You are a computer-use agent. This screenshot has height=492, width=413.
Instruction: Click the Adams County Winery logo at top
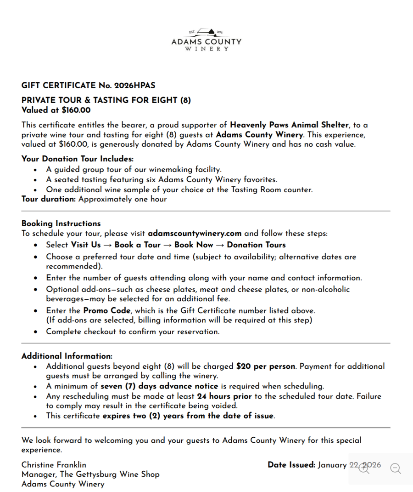[206, 40]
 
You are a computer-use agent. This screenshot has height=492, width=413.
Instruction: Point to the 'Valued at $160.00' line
[56, 110]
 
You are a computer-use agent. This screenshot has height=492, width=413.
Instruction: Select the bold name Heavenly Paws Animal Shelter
[289, 125]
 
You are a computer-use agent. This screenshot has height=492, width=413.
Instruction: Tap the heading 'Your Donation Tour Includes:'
[77, 159]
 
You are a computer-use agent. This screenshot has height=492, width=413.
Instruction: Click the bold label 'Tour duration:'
[49, 199]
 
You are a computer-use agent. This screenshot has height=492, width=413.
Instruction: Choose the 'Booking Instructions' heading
[61, 223]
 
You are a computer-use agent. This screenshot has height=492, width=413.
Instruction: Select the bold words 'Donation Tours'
[256, 245]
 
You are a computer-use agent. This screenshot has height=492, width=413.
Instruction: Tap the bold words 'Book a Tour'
[137, 245]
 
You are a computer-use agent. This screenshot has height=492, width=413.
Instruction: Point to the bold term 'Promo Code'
[107, 310]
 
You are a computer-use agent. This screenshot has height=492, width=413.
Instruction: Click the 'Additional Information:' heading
[67, 356]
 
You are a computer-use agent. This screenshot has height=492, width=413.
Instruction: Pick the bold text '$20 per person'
[266, 366]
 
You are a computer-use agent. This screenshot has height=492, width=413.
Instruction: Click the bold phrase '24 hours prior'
[224, 396]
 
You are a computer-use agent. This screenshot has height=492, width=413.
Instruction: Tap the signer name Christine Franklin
[54, 465]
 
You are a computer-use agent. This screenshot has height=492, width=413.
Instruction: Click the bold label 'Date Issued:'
[291, 465]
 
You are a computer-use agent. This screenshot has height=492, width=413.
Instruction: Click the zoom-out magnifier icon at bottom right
[396, 469]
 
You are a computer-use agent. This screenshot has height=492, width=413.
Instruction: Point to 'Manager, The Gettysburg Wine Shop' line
[90, 474]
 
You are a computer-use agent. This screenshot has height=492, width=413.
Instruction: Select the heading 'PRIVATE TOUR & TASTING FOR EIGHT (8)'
[106, 100]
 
